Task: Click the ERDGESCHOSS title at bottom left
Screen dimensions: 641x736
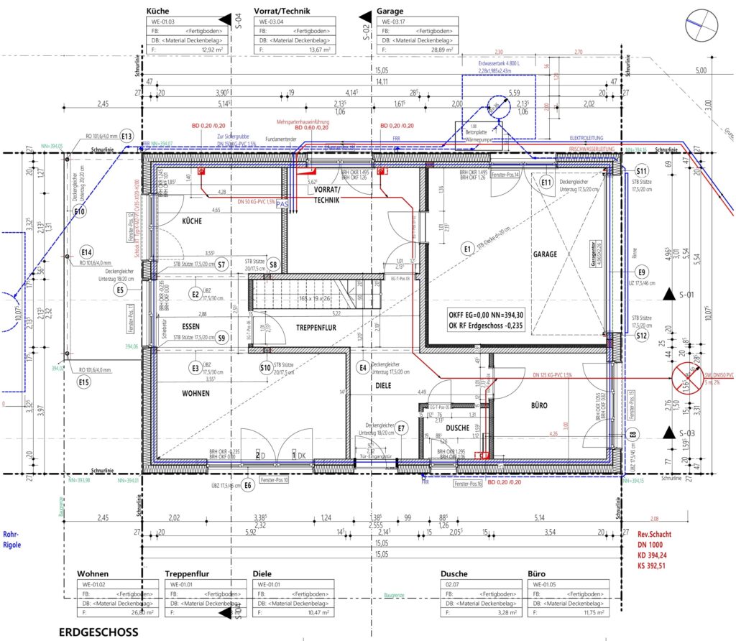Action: click(98, 632)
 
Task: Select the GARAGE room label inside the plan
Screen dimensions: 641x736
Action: click(546, 254)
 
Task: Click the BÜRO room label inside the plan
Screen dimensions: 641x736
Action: click(538, 405)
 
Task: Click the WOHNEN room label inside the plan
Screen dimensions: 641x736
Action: click(195, 393)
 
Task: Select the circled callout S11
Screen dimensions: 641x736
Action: click(642, 172)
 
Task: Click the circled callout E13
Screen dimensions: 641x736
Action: click(127, 136)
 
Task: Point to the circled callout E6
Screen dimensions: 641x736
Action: click(249, 485)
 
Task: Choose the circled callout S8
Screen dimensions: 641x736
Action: click(273, 264)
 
